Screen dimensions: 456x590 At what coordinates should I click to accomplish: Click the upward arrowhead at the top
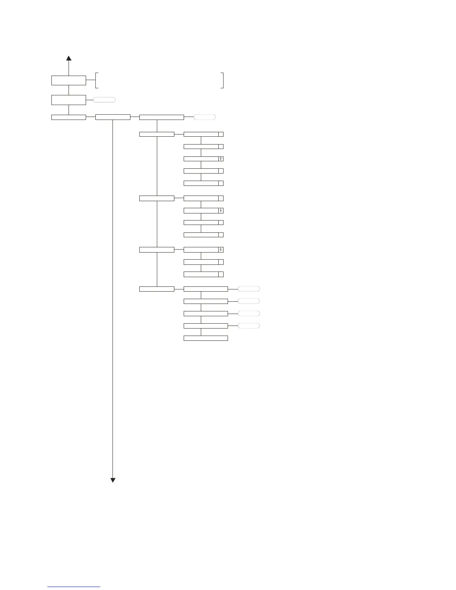pos(69,58)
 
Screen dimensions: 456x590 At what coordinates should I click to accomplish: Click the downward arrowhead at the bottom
pos(113,480)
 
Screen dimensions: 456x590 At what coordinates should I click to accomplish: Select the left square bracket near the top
pos(96,80)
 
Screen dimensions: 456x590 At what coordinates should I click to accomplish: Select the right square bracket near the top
pos(222,80)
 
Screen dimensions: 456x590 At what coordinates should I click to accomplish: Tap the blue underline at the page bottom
pos(74,587)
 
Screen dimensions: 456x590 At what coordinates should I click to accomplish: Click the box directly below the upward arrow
pos(69,80)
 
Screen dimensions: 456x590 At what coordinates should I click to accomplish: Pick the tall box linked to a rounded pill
pos(69,100)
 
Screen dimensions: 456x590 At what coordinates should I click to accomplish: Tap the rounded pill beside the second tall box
pos(104,100)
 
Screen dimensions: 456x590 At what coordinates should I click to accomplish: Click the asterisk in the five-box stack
pos(221,159)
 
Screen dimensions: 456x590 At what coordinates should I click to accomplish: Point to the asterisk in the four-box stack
pos(221,210)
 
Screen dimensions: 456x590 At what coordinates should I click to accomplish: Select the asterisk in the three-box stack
pos(221,250)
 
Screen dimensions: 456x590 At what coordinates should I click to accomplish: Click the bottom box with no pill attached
pos(206,338)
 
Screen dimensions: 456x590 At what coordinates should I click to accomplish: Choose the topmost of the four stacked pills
pos(248,289)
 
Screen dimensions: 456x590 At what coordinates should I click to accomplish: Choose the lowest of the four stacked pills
pos(248,326)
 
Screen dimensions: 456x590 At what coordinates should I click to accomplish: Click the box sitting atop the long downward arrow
pos(113,117)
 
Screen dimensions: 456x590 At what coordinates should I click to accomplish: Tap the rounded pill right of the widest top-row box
pos(205,117)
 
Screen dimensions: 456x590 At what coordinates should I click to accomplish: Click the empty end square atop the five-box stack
pos(221,134)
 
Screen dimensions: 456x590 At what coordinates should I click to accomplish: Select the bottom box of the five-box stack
pos(201,183)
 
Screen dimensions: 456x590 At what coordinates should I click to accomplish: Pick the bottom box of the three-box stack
pos(201,274)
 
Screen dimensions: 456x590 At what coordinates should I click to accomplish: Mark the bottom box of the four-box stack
pos(201,235)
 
